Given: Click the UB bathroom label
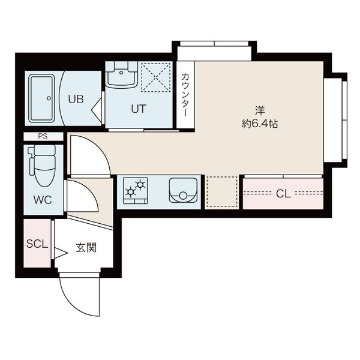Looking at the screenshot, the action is pyautogui.click(x=76, y=99).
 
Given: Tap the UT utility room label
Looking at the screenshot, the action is pyautogui.click(x=139, y=109).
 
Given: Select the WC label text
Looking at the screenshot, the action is pyautogui.click(x=43, y=200).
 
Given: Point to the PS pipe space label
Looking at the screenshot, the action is pyautogui.click(x=43, y=136).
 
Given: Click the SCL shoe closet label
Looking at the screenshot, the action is pyautogui.click(x=37, y=244).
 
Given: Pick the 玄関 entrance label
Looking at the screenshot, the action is pyautogui.click(x=86, y=247).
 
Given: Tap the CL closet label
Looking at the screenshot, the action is pyautogui.click(x=283, y=194).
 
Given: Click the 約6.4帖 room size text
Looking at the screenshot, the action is pyautogui.click(x=260, y=124).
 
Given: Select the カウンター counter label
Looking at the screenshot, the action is pyautogui.click(x=185, y=95).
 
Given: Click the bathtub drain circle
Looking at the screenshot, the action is pyautogui.click(x=49, y=98).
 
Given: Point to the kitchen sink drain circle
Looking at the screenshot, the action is pyautogui.click(x=183, y=196).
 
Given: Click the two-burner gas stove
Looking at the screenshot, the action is pyautogui.click(x=135, y=191).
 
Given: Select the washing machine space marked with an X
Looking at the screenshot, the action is pyautogui.click(x=155, y=77).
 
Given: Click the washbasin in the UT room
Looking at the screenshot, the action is pyautogui.click(x=121, y=74).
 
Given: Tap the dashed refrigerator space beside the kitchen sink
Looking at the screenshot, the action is pyautogui.click(x=221, y=192).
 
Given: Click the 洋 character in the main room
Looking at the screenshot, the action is pyautogui.click(x=260, y=110).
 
